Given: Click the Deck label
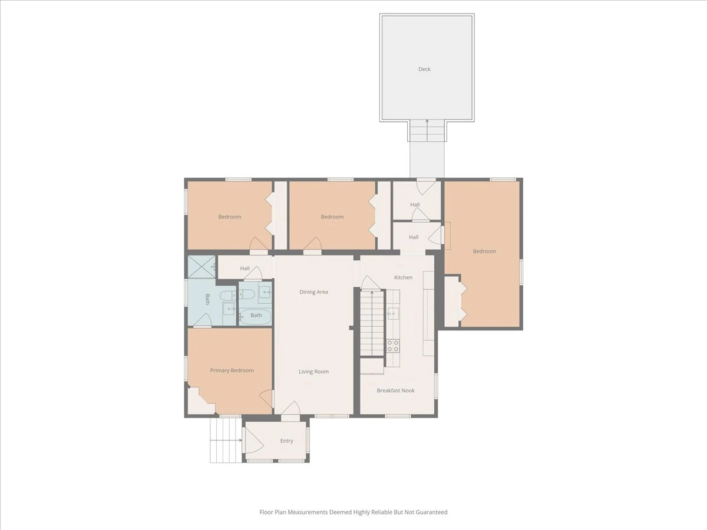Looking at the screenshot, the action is pyautogui.click(x=424, y=69).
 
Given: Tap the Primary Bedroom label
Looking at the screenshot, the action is pyautogui.click(x=232, y=370).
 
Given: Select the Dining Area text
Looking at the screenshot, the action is pyautogui.click(x=313, y=292).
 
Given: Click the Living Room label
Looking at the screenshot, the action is pyautogui.click(x=313, y=372).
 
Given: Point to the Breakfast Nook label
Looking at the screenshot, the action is pyautogui.click(x=395, y=390).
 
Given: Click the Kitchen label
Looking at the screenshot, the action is pyautogui.click(x=403, y=277).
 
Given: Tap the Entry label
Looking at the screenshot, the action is pyautogui.click(x=287, y=441).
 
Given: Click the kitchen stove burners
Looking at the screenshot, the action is pyautogui.click(x=393, y=346).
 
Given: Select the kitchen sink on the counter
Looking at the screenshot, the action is pyautogui.click(x=393, y=313).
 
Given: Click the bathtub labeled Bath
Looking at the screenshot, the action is pyautogui.click(x=256, y=317).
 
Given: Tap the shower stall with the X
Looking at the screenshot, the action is pyautogui.click(x=201, y=267).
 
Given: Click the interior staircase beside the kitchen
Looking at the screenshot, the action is pyautogui.click(x=372, y=323).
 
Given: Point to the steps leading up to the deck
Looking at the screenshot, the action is pyautogui.click(x=427, y=131).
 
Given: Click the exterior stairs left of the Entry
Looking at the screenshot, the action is pyautogui.click(x=226, y=440).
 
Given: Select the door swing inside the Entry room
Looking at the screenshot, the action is pyautogui.click(x=255, y=440).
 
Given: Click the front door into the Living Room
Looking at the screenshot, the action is pyautogui.click(x=291, y=408).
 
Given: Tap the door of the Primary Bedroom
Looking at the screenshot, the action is pyautogui.click(x=266, y=398).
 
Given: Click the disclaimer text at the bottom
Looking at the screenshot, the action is pyautogui.click(x=353, y=512).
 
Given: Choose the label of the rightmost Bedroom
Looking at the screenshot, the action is pyautogui.click(x=484, y=251).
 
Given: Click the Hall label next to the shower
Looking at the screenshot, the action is pyautogui.click(x=245, y=269).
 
